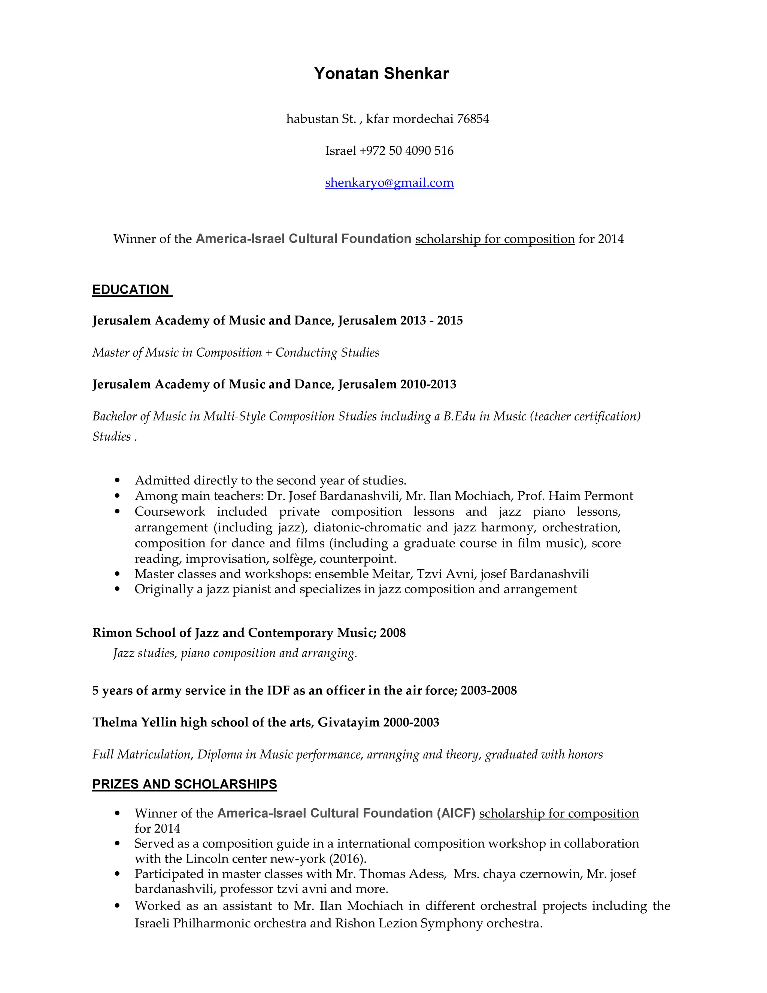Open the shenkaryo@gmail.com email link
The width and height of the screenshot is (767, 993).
(389, 183)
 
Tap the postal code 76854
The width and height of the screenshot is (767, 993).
(473, 119)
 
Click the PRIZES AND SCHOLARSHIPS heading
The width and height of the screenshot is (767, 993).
(185, 784)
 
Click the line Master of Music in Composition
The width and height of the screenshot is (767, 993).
(177, 353)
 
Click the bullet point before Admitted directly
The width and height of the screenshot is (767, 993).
(118, 481)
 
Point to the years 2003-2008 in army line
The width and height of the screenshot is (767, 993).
(488, 691)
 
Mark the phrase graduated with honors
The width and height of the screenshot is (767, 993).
(544, 755)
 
